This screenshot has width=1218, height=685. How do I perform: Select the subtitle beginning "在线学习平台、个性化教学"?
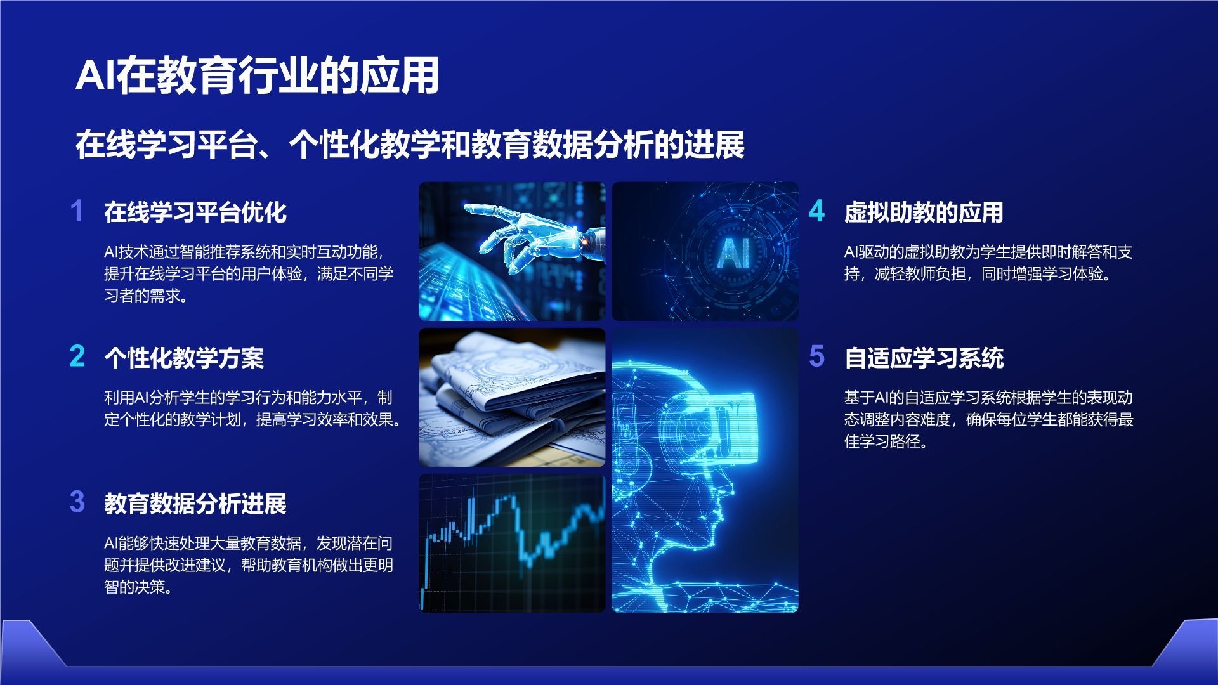click(410, 145)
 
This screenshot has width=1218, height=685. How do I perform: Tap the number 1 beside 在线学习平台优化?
click(77, 211)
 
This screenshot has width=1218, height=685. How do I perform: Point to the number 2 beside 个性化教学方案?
click(77, 356)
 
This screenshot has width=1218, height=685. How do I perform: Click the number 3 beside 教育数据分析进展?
click(77, 502)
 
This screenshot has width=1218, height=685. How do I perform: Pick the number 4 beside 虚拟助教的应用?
click(816, 211)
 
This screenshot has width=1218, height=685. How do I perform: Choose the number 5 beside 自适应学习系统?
click(816, 356)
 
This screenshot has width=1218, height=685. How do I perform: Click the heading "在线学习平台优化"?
click(195, 212)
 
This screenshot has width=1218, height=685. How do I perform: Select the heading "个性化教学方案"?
click(184, 358)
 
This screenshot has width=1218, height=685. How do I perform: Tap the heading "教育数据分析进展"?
click(195, 504)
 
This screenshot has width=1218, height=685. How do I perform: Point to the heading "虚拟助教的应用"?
click(924, 212)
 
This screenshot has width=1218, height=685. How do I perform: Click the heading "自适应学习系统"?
click(924, 358)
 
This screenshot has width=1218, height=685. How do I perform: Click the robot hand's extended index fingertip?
click(468, 207)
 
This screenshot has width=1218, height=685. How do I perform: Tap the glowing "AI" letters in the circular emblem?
click(733, 252)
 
